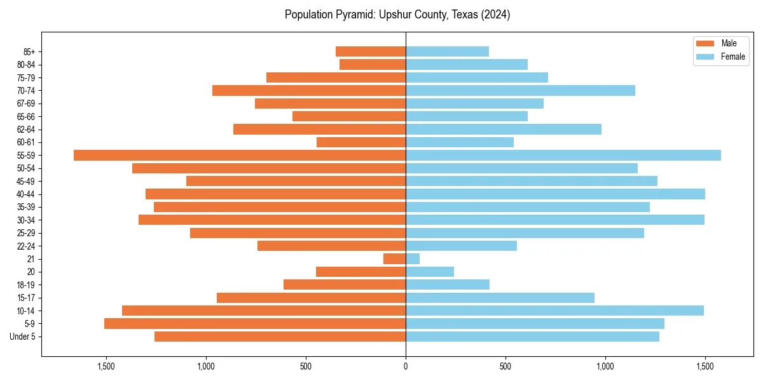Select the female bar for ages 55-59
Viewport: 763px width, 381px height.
click(x=563, y=155)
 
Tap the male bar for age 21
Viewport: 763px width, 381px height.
click(x=394, y=258)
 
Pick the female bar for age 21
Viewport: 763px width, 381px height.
click(x=413, y=258)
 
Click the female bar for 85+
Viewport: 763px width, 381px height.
click(x=447, y=51)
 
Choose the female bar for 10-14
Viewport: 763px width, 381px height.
click(x=554, y=311)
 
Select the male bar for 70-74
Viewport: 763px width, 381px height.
click(x=309, y=90)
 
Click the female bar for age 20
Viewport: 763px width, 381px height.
click(x=430, y=272)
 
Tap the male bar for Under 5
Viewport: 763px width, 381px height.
click(x=280, y=337)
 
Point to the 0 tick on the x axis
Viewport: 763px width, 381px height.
click(x=406, y=366)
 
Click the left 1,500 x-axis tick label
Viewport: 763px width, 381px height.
click(x=106, y=366)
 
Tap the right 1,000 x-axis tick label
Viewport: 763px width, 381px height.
click(x=605, y=366)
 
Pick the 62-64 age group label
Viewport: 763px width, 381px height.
click(x=26, y=129)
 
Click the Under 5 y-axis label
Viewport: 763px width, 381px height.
click(x=23, y=337)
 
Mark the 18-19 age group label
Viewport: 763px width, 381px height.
click(x=26, y=284)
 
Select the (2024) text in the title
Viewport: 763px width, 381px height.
click(x=495, y=15)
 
